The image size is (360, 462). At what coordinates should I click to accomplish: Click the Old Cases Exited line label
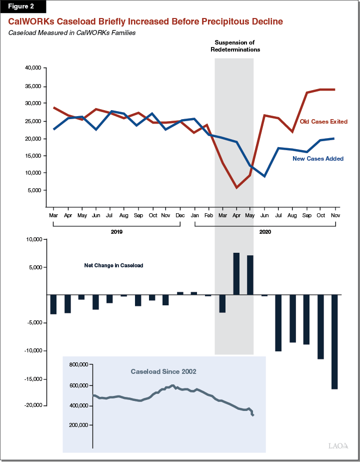[x=323, y=122]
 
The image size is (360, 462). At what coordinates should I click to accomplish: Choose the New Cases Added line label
[x=317, y=159]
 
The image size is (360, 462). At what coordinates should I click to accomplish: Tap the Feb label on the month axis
[x=208, y=215]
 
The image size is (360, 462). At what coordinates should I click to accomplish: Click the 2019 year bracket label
[x=116, y=232]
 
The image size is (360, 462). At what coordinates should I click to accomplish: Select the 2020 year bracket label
[x=265, y=232]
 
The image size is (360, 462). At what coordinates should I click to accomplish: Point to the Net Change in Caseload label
[x=113, y=265]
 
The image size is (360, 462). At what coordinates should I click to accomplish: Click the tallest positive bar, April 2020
[x=236, y=274]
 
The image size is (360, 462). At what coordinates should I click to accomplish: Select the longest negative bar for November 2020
[x=334, y=341]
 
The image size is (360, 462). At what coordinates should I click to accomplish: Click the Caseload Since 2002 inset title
[x=163, y=372]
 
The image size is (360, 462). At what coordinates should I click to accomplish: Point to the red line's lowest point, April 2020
[x=236, y=188]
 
